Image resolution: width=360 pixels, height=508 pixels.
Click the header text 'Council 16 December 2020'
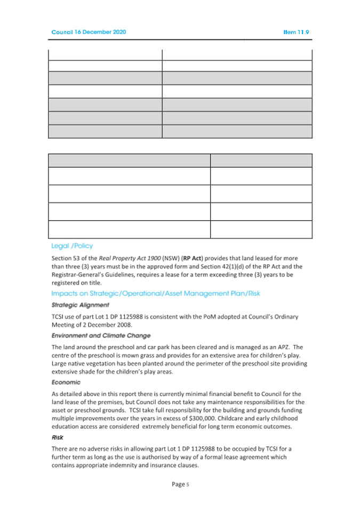(x=89, y=33)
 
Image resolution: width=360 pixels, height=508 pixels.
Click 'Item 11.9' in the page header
(x=297, y=33)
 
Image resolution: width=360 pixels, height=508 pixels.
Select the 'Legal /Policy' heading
(x=72, y=246)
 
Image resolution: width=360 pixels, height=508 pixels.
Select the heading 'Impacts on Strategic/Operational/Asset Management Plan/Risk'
(x=155, y=294)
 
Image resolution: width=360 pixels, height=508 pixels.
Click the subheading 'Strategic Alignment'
(x=80, y=305)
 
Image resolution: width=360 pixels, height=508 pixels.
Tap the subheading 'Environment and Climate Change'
(x=101, y=335)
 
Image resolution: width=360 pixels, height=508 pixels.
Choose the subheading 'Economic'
(x=66, y=382)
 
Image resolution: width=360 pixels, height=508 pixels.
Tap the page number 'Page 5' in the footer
(x=180, y=484)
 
